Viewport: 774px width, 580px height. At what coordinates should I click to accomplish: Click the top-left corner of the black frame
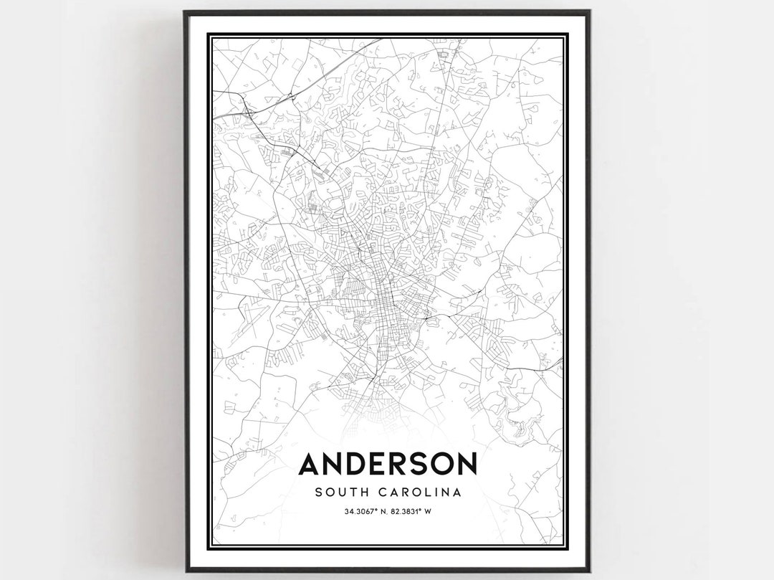(x=185, y=11)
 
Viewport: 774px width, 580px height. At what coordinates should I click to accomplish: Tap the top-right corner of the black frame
(x=589, y=11)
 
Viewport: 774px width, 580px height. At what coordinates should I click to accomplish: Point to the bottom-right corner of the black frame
(x=589, y=571)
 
